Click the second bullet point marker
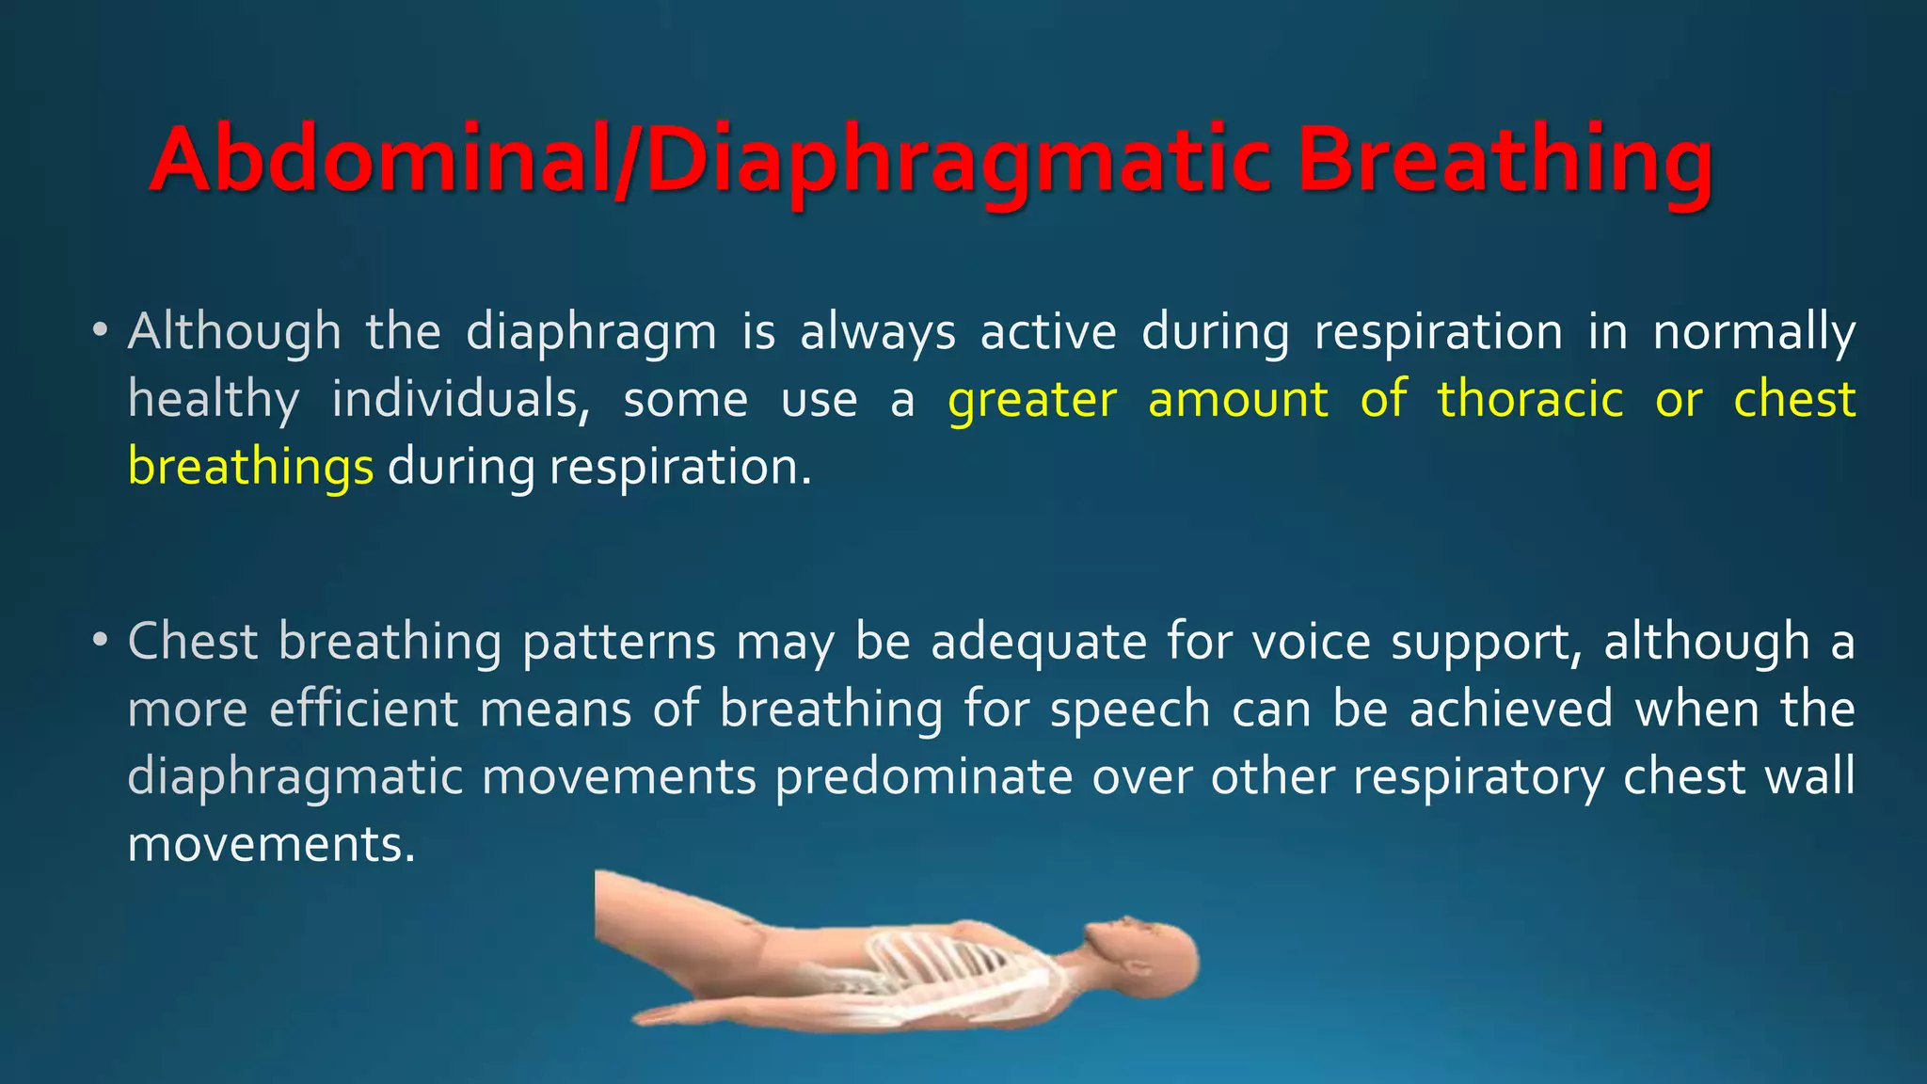click(101, 642)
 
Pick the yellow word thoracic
click(1530, 399)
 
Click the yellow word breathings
click(250, 467)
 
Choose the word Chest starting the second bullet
click(192, 642)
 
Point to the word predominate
click(923, 777)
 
